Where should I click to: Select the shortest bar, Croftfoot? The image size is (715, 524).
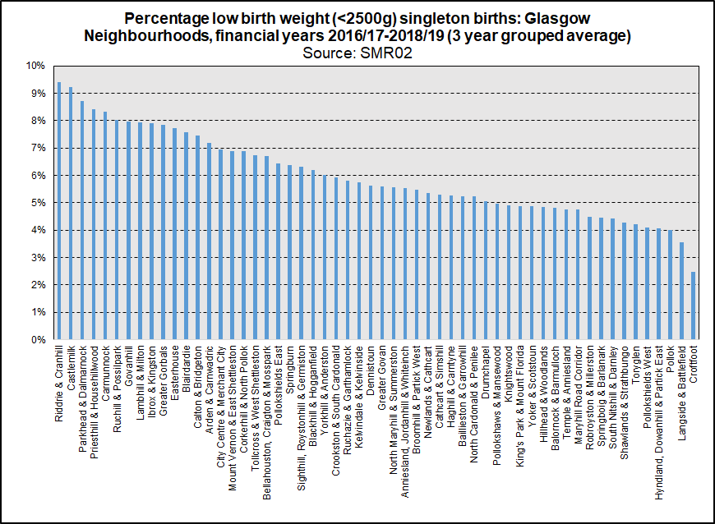pos(693,306)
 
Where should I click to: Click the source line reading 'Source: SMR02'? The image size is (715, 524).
pos(357,52)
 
